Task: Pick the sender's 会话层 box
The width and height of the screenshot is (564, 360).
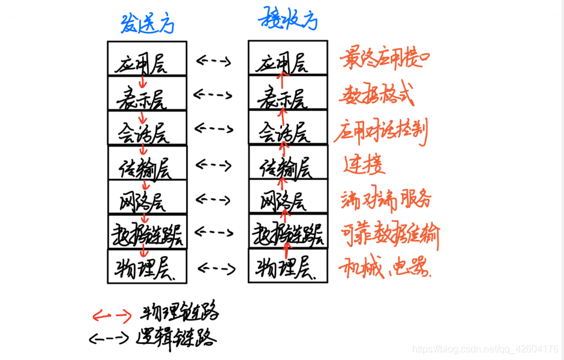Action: point(146,128)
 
